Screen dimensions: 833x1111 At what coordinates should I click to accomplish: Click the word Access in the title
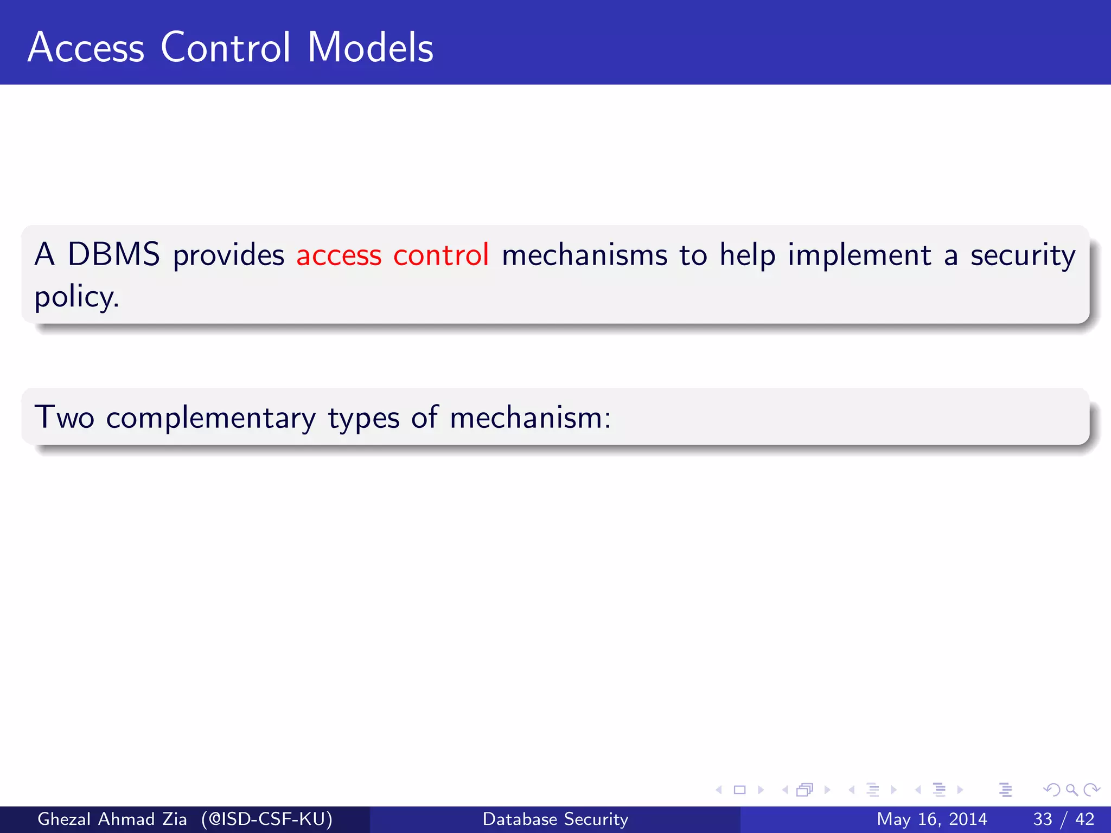86,48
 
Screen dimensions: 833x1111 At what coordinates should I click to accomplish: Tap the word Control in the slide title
226,48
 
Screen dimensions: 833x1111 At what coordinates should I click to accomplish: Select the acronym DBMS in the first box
113,254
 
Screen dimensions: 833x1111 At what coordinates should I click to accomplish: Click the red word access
339,255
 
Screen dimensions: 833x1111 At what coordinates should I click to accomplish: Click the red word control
441,254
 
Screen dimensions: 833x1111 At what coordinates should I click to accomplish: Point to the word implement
859,255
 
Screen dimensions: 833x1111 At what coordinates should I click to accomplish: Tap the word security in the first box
1023,255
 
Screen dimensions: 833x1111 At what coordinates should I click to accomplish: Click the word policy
76,297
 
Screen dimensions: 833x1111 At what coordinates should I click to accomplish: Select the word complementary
210,418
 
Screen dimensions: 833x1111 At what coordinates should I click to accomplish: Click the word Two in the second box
64,418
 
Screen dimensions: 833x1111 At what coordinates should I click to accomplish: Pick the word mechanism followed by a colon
530,418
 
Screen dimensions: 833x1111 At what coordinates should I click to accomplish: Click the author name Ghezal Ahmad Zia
112,819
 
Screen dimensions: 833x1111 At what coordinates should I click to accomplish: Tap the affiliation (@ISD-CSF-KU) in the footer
266,819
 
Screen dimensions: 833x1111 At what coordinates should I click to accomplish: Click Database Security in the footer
555,819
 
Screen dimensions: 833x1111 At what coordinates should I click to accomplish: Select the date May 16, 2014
931,819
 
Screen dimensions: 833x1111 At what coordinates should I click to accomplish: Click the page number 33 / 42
1063,819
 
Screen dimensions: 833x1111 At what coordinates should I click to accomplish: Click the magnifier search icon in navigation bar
1071,790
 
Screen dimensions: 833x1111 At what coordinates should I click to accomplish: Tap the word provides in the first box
228,255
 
